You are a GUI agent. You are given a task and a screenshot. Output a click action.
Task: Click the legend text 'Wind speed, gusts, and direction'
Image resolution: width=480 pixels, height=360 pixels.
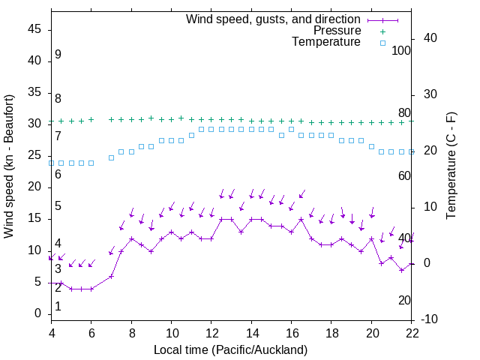273,19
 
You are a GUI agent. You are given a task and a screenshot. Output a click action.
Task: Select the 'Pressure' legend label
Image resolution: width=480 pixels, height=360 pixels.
337,31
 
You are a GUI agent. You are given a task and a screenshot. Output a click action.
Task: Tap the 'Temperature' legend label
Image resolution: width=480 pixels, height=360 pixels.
326,43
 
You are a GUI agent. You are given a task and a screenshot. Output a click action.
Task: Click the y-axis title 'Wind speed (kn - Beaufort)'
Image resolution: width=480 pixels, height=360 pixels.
9,166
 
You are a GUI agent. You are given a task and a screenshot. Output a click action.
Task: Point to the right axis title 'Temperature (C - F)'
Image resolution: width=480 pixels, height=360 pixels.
451,166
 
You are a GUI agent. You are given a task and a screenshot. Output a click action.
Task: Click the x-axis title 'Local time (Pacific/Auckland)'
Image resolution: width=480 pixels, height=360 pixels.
230,350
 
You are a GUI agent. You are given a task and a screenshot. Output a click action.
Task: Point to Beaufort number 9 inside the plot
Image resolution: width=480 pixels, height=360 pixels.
58,55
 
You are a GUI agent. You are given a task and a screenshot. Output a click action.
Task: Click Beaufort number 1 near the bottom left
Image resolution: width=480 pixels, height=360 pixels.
58,307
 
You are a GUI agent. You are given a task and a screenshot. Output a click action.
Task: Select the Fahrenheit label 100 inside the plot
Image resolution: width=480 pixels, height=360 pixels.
401,50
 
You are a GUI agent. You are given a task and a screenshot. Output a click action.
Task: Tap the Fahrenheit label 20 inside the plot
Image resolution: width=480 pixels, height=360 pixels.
404,301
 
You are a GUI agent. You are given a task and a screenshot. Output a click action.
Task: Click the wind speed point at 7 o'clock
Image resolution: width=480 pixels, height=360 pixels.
111,276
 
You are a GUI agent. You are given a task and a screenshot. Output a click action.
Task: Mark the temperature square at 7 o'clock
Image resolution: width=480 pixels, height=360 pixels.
111,157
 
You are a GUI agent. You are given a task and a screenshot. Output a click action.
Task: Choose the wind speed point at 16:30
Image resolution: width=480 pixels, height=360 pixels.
301,220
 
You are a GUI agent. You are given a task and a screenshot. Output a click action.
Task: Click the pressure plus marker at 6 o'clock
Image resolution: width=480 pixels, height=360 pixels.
91,119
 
